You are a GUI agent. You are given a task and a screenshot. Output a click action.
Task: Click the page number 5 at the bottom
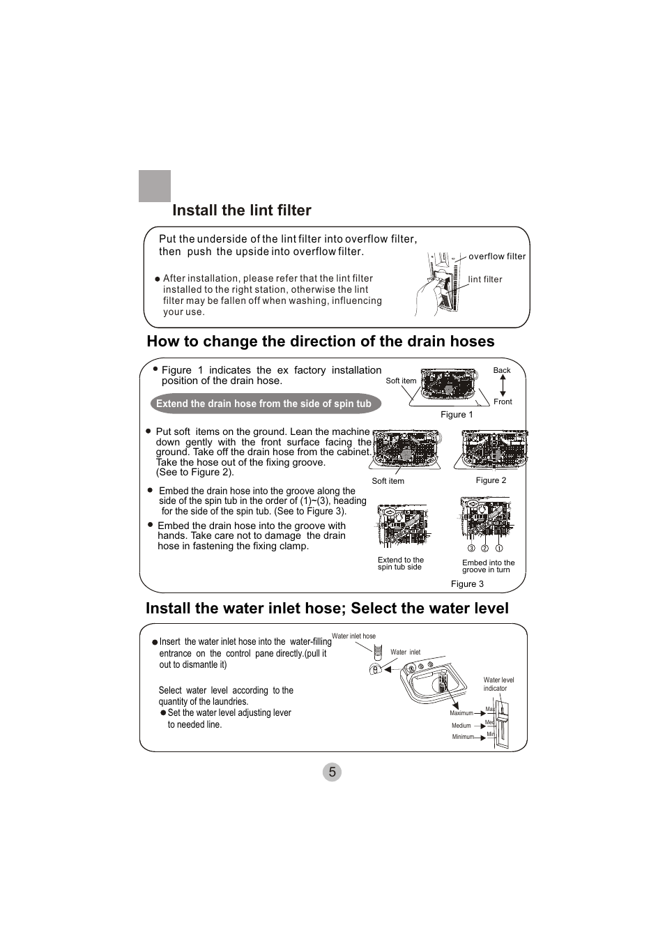332,772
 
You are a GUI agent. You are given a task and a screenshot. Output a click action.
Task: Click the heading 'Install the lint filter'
241,211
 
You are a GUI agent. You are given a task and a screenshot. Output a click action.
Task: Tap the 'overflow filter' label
496,257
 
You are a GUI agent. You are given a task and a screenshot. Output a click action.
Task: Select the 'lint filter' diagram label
484,280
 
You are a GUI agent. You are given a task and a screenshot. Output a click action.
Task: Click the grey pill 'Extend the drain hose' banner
263,404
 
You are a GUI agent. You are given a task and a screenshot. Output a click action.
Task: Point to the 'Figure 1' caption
457,415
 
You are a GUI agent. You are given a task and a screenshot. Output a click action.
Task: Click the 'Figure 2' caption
491,480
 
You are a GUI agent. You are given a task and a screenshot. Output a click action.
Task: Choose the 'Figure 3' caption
467,584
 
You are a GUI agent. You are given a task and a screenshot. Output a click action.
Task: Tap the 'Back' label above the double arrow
502,371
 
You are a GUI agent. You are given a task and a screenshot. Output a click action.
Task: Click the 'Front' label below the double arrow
503,402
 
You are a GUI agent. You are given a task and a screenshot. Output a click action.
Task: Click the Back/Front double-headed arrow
503,386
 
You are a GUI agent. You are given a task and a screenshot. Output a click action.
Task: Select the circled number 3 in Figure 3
471,549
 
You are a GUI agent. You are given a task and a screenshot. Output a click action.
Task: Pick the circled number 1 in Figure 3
499,549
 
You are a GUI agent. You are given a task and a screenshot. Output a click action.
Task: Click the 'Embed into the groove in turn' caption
488,566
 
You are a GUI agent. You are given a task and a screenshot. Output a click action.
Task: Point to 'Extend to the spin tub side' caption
400,563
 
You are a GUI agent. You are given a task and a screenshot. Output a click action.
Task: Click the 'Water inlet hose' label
353,636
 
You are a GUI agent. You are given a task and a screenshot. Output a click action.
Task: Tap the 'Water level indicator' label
498,684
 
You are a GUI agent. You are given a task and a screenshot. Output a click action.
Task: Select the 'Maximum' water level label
461,713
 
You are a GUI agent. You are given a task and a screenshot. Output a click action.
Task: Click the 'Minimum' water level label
463,737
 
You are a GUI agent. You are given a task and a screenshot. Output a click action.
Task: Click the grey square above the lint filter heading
155,186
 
